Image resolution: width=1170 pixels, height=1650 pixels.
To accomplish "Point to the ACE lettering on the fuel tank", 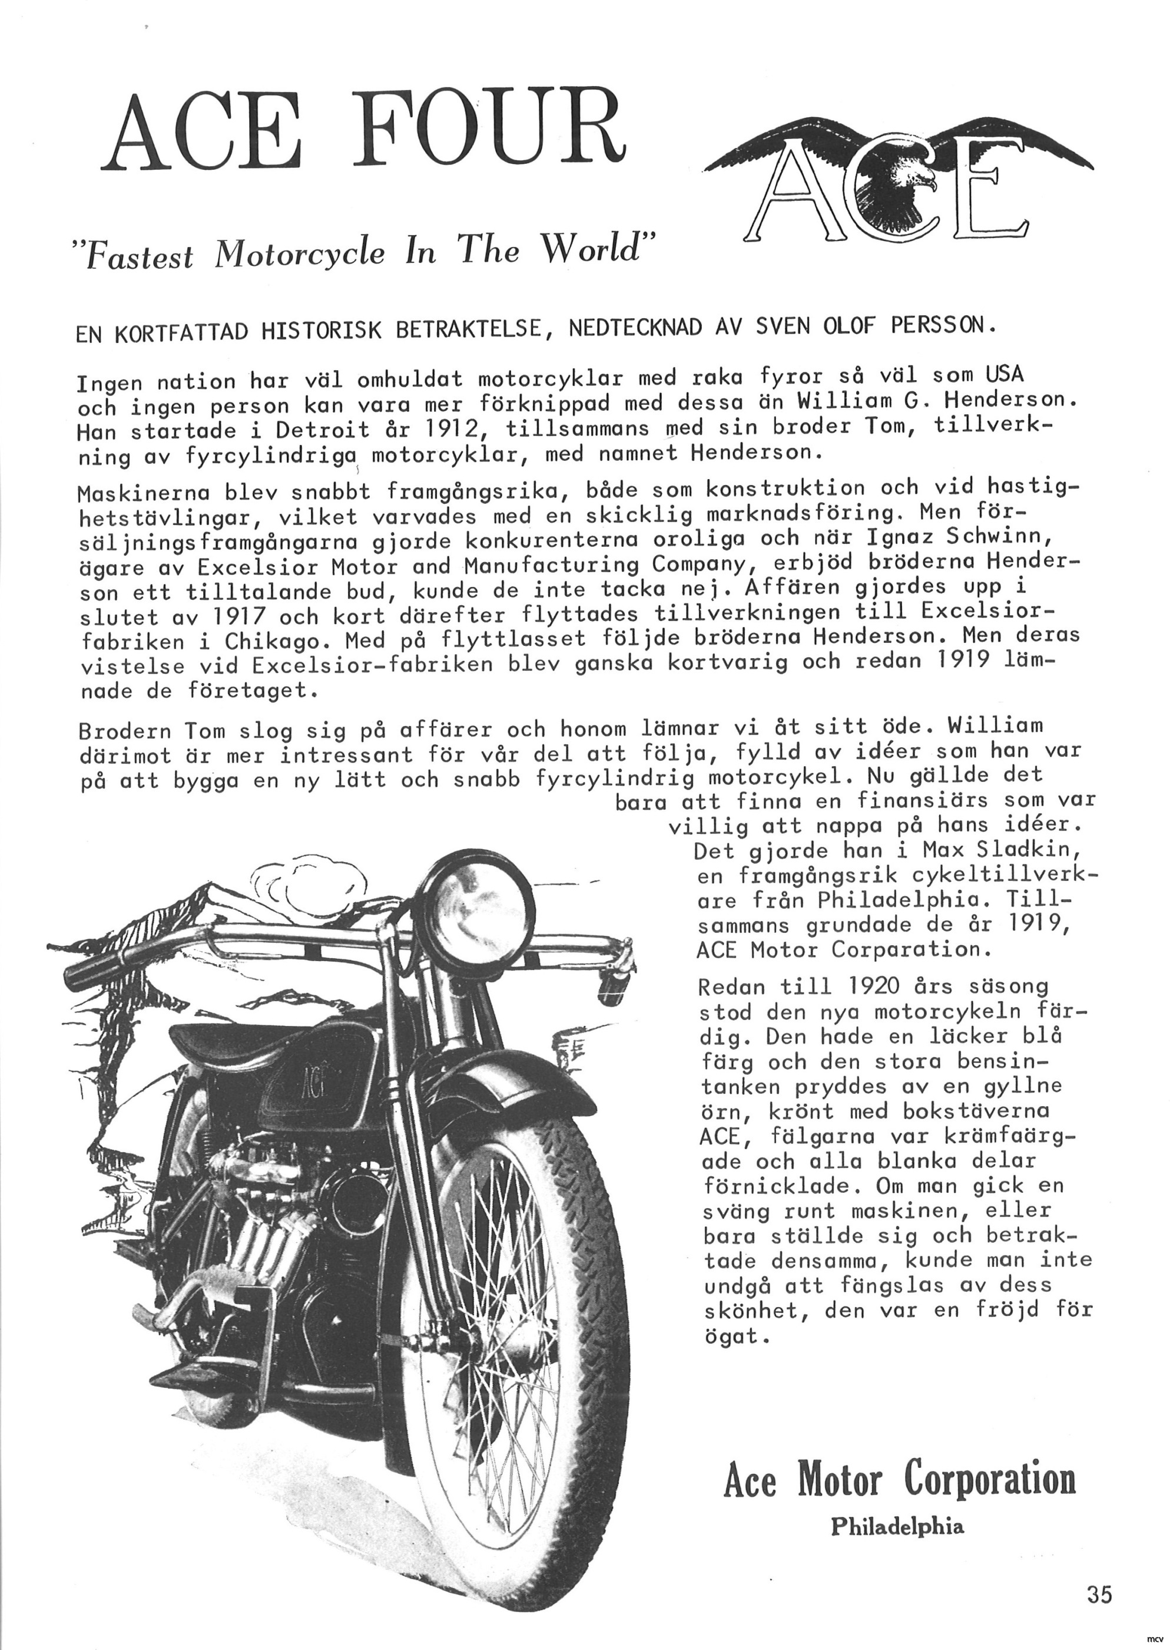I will point(307,1082).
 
